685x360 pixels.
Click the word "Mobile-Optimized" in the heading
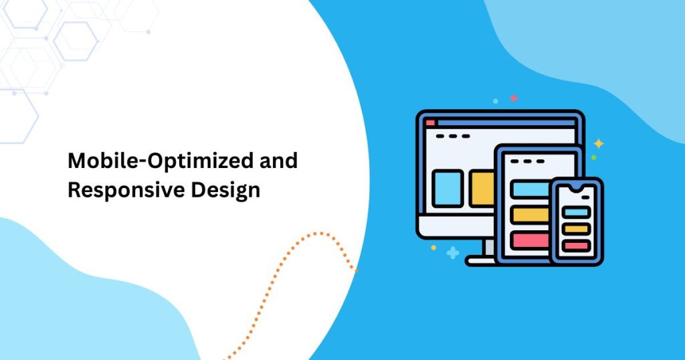pos(161,161)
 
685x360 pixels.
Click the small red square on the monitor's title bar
pos(431,122)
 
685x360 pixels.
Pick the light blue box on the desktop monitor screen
pos(448,188)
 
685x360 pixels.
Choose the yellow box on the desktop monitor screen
pos(482,188)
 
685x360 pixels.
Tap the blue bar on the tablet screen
pos(530,189)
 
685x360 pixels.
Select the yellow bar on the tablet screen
pos(530,215)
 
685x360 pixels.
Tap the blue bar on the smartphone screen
pos(576,212)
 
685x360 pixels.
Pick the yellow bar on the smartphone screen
pos(576,229)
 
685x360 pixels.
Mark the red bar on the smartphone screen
pos(576,246)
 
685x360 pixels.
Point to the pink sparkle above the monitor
pos(514,98)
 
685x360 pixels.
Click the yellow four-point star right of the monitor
pos(599,143)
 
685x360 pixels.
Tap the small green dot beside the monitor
pos(594,157)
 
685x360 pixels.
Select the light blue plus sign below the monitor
pos(453,253)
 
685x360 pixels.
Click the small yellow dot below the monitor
pos(433,248)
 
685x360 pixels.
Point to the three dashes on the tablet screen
pos(528,161)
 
